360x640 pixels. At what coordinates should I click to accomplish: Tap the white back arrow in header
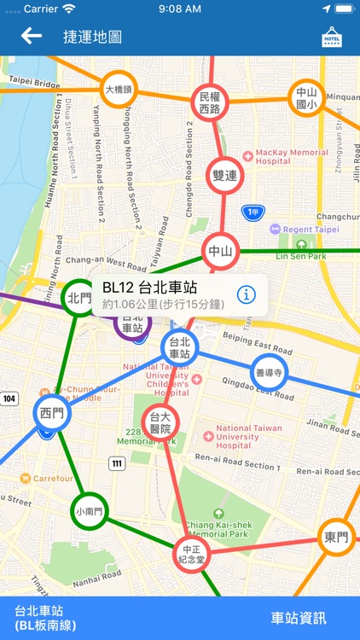[32, 36]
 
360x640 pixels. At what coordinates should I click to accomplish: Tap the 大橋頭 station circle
[118, 90]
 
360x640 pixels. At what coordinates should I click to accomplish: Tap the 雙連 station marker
[225, 175]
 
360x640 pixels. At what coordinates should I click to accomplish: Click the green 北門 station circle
[79, 298]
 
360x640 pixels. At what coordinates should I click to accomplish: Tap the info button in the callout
[247, 294]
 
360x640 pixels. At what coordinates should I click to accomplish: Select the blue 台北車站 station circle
[179, 347]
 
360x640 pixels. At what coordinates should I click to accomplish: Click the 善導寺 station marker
[269, 373]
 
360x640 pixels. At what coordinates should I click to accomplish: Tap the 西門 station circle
[50, 411]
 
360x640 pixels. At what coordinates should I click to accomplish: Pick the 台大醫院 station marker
[160, 422]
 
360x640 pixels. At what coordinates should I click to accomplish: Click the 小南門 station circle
[89, 512]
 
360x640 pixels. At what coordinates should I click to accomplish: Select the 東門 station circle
[337, 538]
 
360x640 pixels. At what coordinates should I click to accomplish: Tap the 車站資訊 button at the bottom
[299, 618]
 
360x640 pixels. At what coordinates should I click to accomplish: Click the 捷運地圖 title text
[92, 37]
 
